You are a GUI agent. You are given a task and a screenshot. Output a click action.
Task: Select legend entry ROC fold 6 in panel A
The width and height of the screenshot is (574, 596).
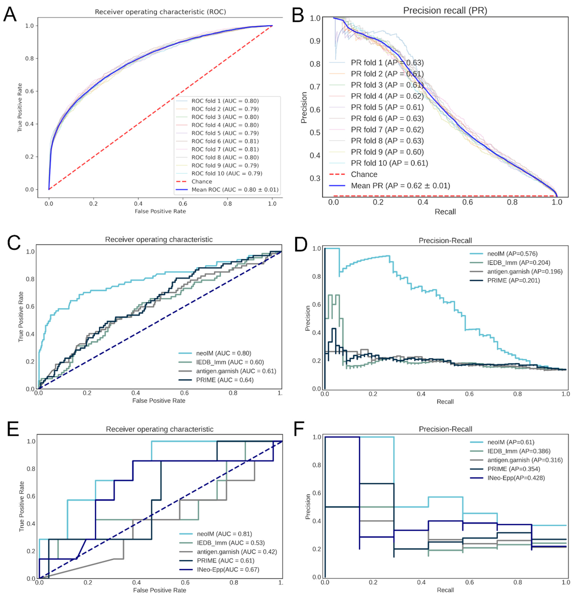225,141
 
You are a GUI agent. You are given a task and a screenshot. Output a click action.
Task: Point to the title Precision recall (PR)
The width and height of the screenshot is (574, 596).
445,11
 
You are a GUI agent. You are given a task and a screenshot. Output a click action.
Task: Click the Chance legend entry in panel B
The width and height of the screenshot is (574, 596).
364,174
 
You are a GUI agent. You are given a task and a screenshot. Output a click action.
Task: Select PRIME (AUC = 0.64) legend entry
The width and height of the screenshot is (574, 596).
225,380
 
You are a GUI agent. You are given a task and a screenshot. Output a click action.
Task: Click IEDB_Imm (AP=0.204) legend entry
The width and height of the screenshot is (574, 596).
518,262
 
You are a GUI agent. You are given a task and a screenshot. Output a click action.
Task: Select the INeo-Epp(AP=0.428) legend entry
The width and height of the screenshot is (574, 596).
516,478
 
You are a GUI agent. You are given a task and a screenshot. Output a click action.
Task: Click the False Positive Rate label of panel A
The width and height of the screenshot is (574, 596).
160,211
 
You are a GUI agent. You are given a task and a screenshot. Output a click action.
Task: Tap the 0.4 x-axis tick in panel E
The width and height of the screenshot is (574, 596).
136,583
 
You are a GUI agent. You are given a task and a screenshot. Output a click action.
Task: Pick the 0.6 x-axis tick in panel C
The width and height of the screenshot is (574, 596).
184,393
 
